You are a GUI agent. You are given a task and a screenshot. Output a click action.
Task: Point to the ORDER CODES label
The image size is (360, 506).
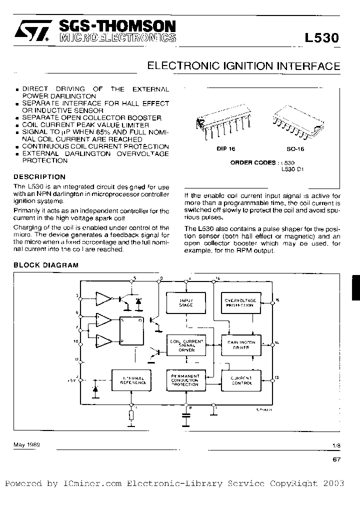coord(253,162)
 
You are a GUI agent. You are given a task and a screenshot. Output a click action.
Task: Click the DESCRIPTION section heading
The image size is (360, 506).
coord(39,177)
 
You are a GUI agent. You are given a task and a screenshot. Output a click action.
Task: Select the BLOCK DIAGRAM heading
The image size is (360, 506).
coord(45,265)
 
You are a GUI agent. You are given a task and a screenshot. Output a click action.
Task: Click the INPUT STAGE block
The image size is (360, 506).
coord(186,302)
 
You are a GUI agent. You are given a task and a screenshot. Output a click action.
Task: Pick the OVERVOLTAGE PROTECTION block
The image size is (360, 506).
coord(239,302)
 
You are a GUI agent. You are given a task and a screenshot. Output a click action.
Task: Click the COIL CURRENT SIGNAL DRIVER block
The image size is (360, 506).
coord(186,345)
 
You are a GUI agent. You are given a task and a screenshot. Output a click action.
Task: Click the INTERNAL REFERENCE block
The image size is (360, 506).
coord(132,380)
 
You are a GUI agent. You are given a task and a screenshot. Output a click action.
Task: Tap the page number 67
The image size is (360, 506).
coord(336,461)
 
